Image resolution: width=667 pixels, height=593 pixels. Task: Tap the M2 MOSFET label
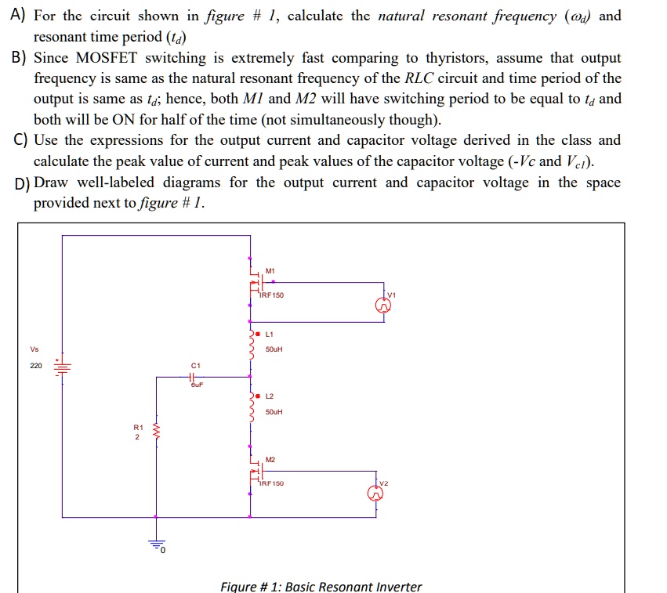click(x=270, y=459)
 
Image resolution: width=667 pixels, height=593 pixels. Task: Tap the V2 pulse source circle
click(x=377, y=494)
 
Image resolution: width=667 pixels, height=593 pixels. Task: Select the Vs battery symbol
click(x=63, y=366)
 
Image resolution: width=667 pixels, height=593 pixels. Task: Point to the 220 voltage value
click(x=36, y=366)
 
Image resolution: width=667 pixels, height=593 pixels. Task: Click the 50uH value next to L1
click(x=274, y=349)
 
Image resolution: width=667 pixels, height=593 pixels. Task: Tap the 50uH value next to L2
click(x=274, y=411)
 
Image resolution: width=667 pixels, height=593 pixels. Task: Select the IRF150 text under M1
click(x=272, y=295)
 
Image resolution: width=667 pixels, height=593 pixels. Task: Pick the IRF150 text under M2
click(x=272, y=484)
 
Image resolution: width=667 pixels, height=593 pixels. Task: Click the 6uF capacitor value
click(x=196, y=386)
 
